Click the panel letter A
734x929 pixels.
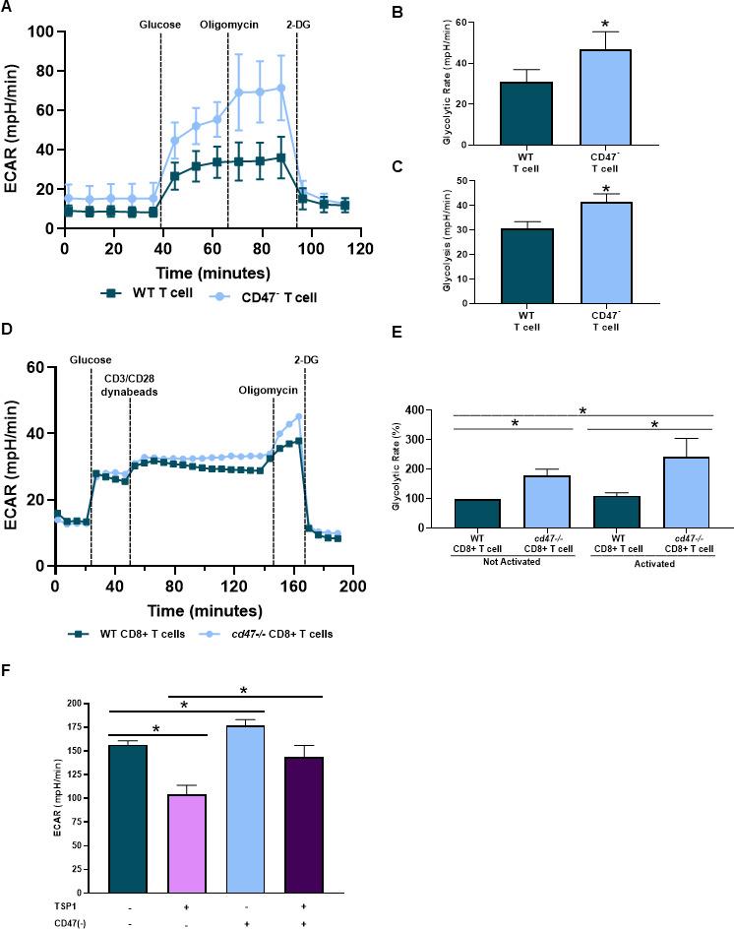pos(8,7)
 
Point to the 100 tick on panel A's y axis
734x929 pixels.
pos(39,31)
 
